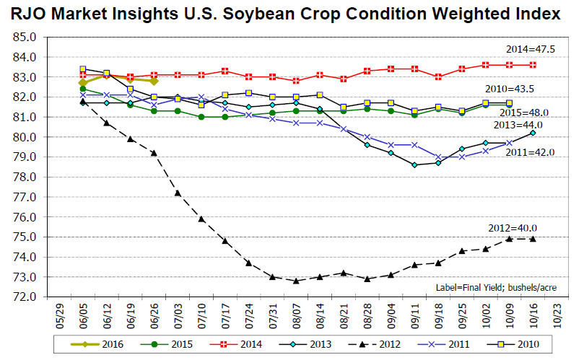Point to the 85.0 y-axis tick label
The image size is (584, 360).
[x=25, y=37]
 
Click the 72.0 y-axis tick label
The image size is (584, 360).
[x=25, y=297]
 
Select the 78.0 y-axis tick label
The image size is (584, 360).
[x=25, y=177]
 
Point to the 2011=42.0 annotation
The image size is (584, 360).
[x=530, y=152]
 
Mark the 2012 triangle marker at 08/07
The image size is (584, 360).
[x=296, y=281]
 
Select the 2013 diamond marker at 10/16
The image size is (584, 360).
[x=533, y=133]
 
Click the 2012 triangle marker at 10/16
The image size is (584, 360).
[x=533, y=239]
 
